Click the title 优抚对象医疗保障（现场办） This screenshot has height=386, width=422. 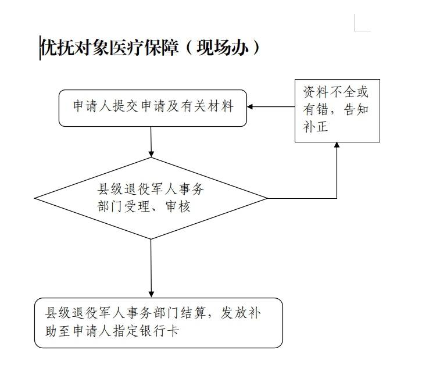(x=150, y=48)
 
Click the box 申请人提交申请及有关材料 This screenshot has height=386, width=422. (x=153, y=108)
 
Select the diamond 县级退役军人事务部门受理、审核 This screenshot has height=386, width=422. (x=151, y=198)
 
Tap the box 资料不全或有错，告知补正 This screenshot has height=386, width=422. (x=337, y=110)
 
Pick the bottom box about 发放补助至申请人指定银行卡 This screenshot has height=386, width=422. (x=159, y=323)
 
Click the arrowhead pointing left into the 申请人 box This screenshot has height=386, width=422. (x=250, y=106)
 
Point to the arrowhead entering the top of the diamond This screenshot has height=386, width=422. (x=151, y=154)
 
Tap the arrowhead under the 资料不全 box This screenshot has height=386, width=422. (x=337, y=145)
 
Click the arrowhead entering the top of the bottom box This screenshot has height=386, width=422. (x=151, y=294)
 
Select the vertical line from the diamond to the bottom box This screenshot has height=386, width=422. (x=151, y=269)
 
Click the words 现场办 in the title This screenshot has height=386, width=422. (x=223, y=48)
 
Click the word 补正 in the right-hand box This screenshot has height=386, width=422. (x=316, y=127)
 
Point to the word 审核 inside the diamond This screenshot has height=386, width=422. (x=178, y=207)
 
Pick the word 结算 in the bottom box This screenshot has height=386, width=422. (x=193, y=313)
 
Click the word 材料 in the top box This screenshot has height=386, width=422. (x=220, y=106)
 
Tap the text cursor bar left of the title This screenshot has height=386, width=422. (x=40, y=48)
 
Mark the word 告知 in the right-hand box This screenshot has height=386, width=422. (x=356, y=109)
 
